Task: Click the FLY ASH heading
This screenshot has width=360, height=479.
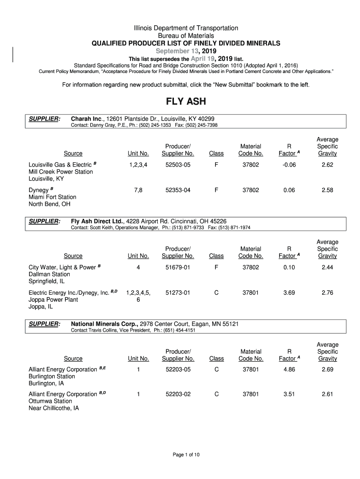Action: (186, 102)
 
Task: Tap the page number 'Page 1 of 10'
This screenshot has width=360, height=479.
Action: (186, 454)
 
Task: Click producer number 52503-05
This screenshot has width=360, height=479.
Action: (178, 165)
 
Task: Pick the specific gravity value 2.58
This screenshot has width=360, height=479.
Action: (327, 190)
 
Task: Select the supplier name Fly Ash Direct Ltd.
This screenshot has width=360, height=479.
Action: (97, 221)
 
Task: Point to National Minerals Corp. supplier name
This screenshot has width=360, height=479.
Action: (104, 324)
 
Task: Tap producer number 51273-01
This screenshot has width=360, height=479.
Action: (178, 293)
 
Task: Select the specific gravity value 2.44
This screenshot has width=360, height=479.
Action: (327, 268)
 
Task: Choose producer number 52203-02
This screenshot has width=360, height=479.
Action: (178, 394)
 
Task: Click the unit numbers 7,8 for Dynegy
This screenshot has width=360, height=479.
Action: (138, 190)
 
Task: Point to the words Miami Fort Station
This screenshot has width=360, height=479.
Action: (52, 197)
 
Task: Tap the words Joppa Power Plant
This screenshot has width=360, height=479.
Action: (53, 300)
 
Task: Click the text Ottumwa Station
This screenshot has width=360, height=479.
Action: (50, 401)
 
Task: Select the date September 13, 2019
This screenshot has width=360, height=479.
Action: (186, 51)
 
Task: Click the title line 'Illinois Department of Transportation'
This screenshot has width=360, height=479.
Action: (186, 28)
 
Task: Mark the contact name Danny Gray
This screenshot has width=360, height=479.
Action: (101, 125)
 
